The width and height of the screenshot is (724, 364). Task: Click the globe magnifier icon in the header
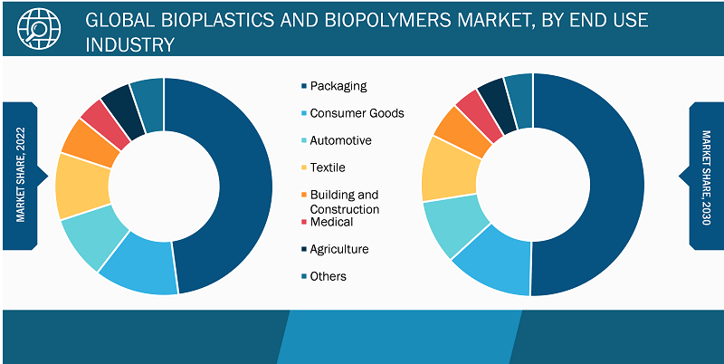click(39, 28)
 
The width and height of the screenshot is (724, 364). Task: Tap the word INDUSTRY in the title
click(130, 44)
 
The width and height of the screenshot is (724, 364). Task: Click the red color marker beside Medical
click(303, 223)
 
